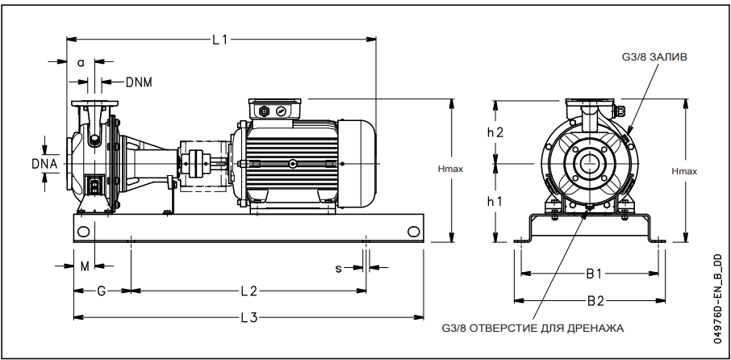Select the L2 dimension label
tap(248, 290)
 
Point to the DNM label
tap(139, 82)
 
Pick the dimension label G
tap(101, 290)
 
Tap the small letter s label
tap(339, 267)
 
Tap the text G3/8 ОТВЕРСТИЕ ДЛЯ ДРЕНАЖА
tap(533, 328)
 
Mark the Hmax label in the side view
tap(449, 170)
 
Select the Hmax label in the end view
tap(685, 171)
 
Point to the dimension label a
tap(81, 62)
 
